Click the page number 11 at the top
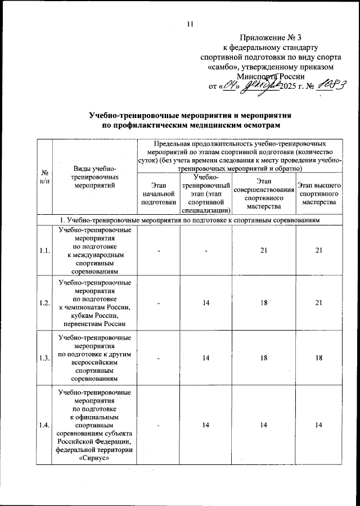coord(190,23)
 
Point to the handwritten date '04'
coord(229,86)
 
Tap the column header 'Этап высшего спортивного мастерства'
coord(318,192)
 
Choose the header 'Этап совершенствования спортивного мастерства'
coord(263,192)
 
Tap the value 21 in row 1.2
coord(318,303)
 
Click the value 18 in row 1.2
coord(263,303)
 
